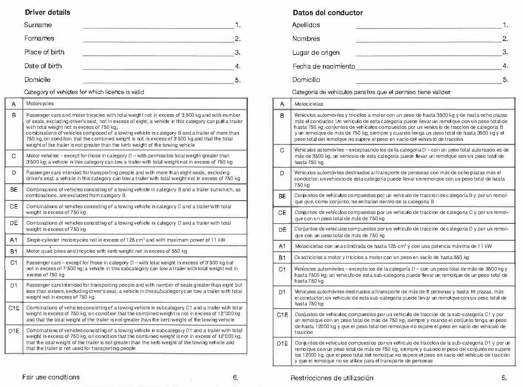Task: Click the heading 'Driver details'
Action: [x=47, y=12]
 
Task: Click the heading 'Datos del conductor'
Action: [x=328, y=12]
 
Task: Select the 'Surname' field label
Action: [x=38, y=25]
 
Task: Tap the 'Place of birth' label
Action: [x=44, y=52]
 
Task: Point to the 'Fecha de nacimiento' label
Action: [x=324, y=66]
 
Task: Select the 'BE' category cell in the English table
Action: [x=14, y=189]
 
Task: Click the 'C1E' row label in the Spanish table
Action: [x=282, y=315]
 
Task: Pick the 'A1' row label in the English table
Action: [x=14, y=240]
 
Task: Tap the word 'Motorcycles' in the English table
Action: [x=40, y=103]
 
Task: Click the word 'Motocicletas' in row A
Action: [x=309, y=104]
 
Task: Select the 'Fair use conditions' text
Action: [x=51, y=377]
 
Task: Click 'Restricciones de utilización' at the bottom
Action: [x=332, y=378]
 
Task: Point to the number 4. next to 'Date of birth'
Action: [x=238, y=66]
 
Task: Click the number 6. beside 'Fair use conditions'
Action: [x=235, y=377]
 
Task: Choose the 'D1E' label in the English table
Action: [x=14, y=331]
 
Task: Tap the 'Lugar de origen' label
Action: [x=316, y=53]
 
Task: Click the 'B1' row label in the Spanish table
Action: [x=282, y=258]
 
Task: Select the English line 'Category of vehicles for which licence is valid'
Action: [x=84, y=92]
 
